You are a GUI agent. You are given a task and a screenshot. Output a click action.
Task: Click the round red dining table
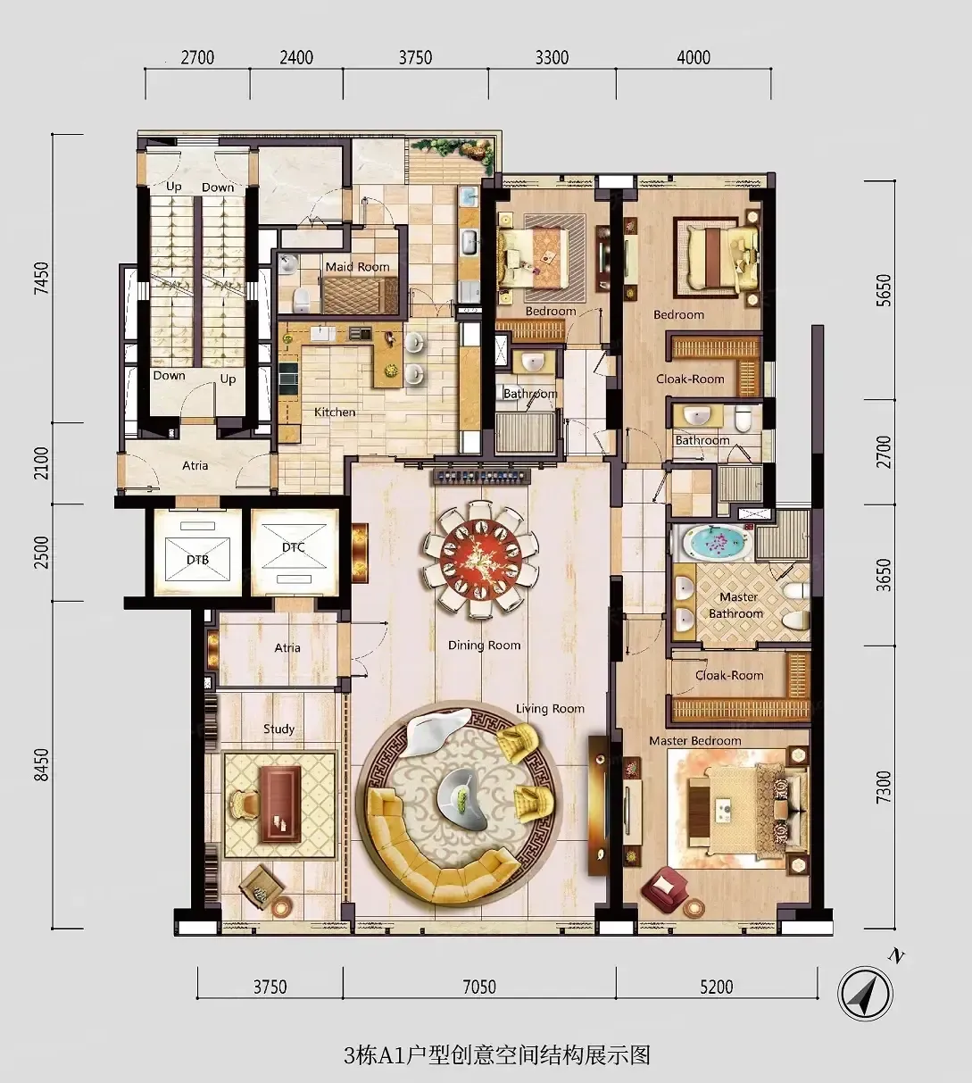[x=480, y=559]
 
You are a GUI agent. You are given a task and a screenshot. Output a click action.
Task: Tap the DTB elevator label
[x=198, y=560]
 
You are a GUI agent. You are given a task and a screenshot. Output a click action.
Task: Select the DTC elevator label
[x=294, y=547]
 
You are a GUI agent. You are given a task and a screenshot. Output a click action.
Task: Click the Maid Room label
[x=358, y=267]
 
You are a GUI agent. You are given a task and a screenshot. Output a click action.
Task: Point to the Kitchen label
[x=335, y=412]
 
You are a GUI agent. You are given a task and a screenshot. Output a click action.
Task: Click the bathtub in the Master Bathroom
[x=712, y=542]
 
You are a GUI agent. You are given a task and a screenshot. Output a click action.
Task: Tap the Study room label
[x=279, y=729]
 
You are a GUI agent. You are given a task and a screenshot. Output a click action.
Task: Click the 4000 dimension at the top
[x=694, y=58]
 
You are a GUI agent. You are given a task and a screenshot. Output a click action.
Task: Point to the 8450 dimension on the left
[x=41, y=764]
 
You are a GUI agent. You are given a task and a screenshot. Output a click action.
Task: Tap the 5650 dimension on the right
[x=885, y=290]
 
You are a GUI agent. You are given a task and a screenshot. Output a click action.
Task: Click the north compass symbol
[x=865, y=994]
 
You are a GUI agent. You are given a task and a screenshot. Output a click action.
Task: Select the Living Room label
[x=550, y=709]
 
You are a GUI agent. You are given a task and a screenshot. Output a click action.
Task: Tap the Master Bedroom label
[x=695, y=741]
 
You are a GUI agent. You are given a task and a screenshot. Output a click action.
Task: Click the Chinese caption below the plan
[x=496, y=1055]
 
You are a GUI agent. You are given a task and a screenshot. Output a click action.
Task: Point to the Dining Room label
[x=484, y=646]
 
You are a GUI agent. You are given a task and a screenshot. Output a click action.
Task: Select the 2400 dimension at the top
[x=296, y=58]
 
